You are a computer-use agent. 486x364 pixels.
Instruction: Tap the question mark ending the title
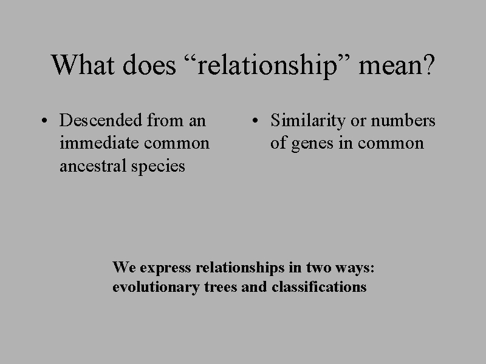pyautogui.click(x=429, y=64)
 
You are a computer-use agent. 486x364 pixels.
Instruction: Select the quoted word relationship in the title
pyautogui.click(x=268, y=66)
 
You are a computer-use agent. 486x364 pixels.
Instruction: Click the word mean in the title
pyautogui.click(x=389, y=66)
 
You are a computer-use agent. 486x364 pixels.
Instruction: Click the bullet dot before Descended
pyautogui.click(x=46, y=121)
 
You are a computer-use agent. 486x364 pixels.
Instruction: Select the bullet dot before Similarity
pyautogui.click(x=257, y=121)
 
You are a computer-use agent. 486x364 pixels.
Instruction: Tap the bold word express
pyautogui.click(x=163, y=268)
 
